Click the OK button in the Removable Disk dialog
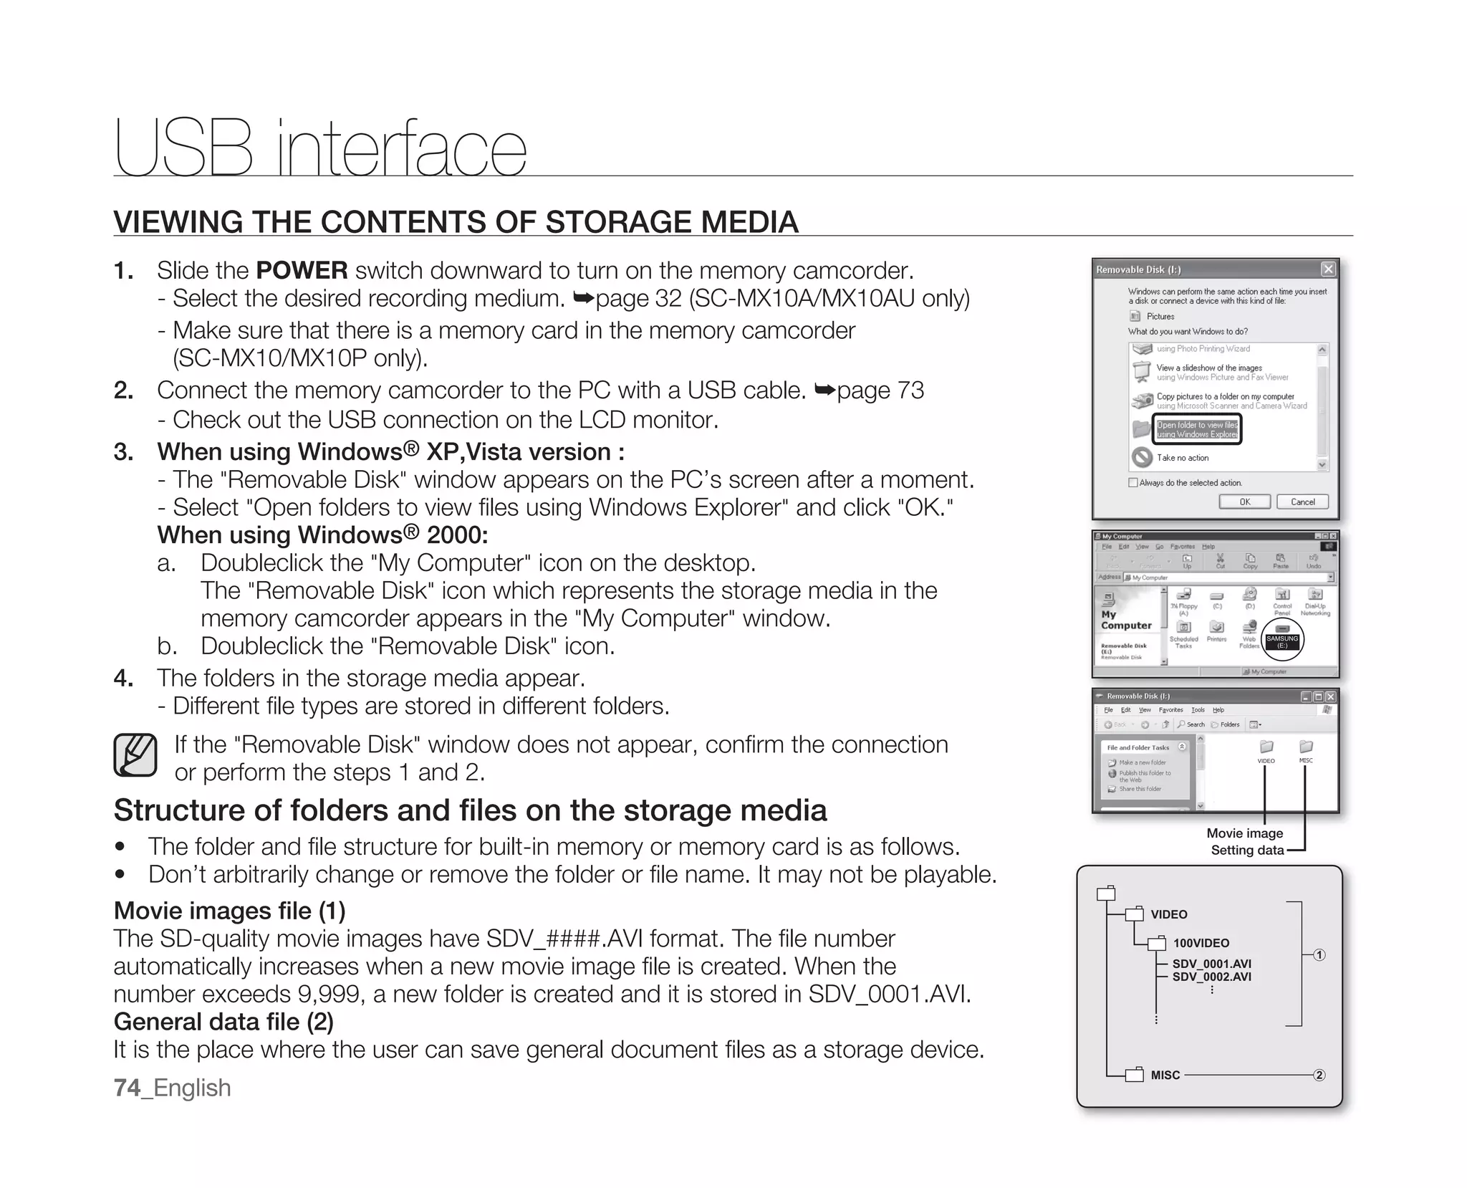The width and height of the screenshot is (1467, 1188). click(x=1245, y=502)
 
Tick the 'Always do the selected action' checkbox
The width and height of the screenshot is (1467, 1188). click(x=1133, y=482)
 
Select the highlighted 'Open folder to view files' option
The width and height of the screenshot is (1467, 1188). click(x=1197, y=429)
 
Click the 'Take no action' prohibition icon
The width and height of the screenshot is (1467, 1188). click(x=1142, y=457)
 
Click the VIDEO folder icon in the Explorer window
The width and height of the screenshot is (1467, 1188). click(x=1266, y=747)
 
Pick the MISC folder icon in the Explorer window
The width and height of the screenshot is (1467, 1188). click(x=1306, y=747)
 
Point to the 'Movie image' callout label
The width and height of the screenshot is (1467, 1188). click(x=1244, y=833)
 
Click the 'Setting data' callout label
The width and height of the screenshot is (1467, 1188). click(x=1247, y=850)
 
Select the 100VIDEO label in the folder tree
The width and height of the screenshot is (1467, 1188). click(x=1201, y=943)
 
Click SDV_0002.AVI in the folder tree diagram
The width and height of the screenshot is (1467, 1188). click(x=1211, y=977)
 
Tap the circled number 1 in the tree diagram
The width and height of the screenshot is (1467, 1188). click(x=1319, y=954)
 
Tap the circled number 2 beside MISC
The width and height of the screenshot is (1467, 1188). click(x=1319, y=1075)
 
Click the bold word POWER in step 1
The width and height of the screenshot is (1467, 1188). click(x=302, y=270)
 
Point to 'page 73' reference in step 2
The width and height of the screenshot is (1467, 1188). click(x=880, y=391)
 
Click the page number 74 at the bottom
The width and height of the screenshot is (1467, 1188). click(x=127, y=1088)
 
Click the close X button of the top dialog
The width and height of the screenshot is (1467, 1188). click(x=1328, y=269)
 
